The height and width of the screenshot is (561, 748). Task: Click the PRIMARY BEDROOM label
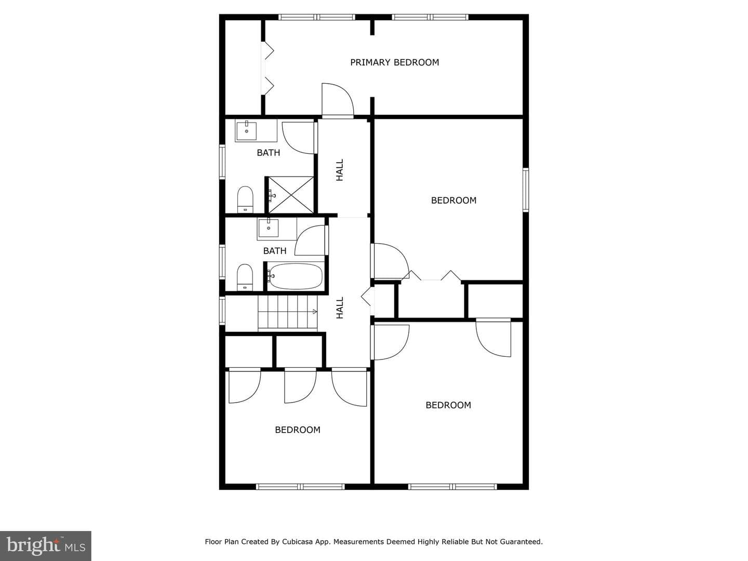pos(395,62)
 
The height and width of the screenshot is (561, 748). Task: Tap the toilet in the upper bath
pos(245,199)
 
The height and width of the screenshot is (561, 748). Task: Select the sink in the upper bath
pos(246,130)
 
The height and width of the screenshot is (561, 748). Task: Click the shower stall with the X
pos(291,195)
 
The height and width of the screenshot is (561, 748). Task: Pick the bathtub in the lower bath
pos(295,276)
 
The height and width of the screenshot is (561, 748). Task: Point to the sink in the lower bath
pos(268,228)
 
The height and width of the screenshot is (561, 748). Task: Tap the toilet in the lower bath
pos(245,277)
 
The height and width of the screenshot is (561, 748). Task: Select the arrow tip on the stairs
pos(316,312)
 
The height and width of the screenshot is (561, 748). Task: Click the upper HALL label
pos(340,170)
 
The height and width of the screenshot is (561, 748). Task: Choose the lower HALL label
pos(340,308)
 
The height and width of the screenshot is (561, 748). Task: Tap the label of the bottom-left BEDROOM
pos(298,430)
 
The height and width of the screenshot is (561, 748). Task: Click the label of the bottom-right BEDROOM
pos(448,405)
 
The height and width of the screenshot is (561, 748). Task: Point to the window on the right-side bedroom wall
pos(526,190)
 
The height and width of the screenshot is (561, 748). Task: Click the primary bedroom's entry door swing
pos(338,100)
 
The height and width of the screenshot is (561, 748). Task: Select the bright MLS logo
pos(46,545)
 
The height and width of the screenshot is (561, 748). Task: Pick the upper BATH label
pos(269,153)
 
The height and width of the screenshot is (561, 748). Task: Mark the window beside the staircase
pos(222,311)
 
